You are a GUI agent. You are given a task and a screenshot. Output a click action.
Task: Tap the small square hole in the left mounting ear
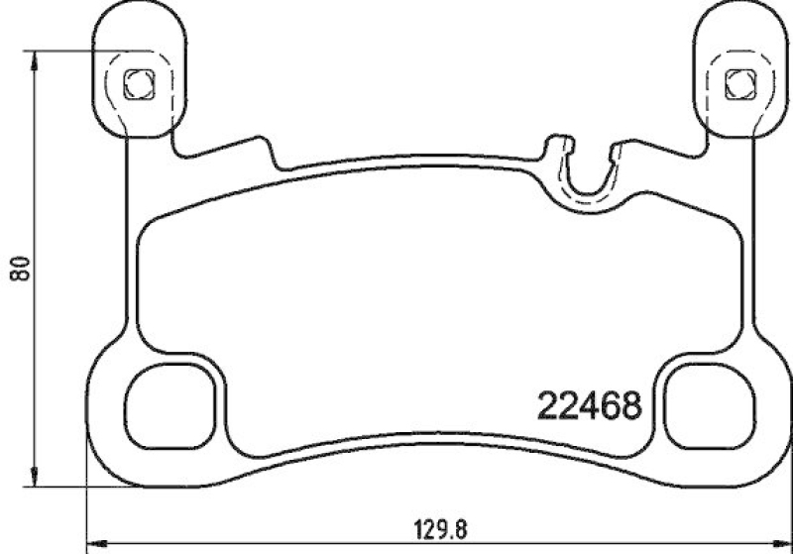137,83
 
